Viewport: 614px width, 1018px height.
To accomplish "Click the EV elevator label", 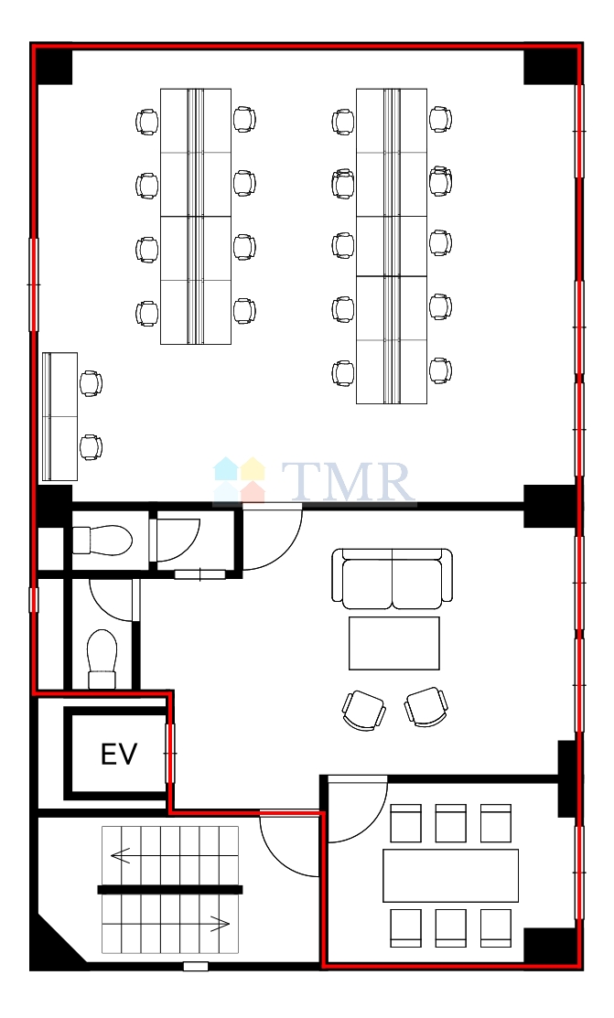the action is (120, 754).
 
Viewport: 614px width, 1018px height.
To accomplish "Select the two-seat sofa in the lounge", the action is (392, 578).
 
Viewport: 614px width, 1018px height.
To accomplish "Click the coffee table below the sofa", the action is (393, 643).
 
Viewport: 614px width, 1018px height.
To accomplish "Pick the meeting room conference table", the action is (450, 875).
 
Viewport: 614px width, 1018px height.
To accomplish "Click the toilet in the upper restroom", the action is (102, 541).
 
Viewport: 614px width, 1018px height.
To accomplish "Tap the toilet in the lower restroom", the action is (102, 659).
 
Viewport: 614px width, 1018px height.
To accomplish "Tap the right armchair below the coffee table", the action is (426, 706).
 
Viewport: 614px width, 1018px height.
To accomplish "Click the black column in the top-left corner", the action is (53, 66).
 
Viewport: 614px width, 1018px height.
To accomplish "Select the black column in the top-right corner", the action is (550, 66).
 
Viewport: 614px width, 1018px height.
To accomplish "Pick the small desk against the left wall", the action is (59, 416).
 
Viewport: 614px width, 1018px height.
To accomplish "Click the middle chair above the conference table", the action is (451, 823).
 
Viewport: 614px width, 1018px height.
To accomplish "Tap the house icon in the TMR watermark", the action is (239, 480).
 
